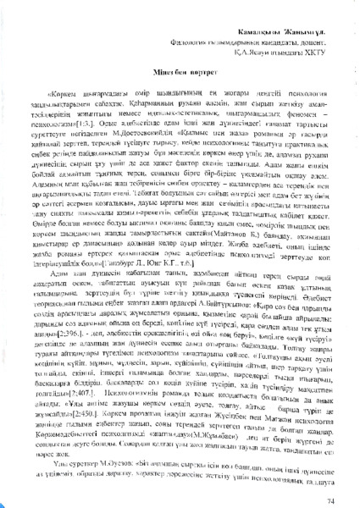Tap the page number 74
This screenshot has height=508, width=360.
(x=330, y=478)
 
